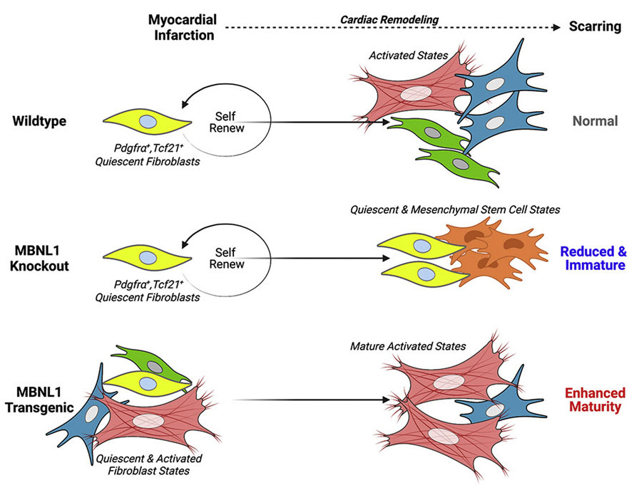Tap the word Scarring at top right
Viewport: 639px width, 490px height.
coord(596,28)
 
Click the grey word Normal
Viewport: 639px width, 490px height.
coord(595,121)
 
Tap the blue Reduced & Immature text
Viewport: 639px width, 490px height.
coord(592,259)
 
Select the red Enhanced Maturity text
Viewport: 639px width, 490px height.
coord(595,400)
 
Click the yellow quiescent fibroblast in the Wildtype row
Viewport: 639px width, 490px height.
coord(145,123)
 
